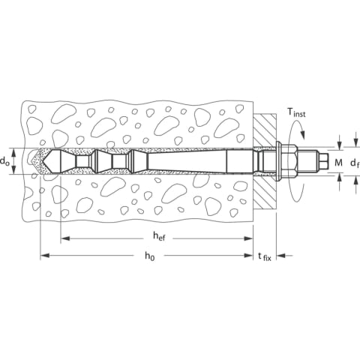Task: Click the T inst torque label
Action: [x=296, y=112]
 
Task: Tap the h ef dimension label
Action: [x=159, y=236]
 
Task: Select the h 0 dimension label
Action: [x=149, y=256]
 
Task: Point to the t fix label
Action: [x=265, y=256]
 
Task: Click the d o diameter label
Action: [x=4, y=161]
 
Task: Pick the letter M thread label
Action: [x=338, y=163]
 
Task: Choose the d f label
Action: [x=355, y=163]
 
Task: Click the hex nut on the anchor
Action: [x=289, y=160]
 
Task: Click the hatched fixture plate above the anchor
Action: [x=265, y=130]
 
